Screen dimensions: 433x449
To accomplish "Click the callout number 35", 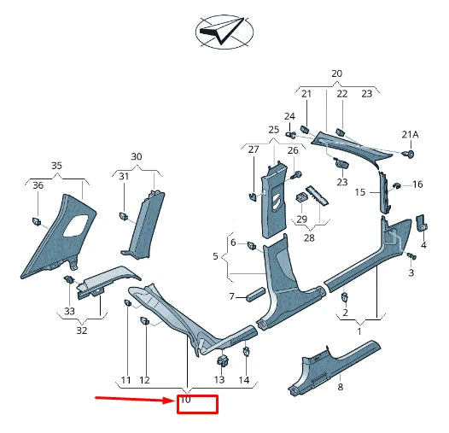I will [x=56, y=165].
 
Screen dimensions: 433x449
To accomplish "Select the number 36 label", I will [x=38, y=185].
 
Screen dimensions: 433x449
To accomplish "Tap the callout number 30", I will [x=137, y=156].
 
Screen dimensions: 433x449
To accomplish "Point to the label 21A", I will [x=411, y=134].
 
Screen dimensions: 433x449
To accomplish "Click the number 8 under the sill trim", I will [x=339, y=387].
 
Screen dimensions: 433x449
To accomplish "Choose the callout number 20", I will [x=336, y=73].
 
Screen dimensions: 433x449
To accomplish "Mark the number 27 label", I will [x=253, y=149].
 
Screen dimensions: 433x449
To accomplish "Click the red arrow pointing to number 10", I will [x=132, y=398].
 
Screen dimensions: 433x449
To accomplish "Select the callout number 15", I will [x=360, y=193].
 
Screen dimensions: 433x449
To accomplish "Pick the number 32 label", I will [x=81, y=329].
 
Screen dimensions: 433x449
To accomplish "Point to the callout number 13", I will [x=219, y=379].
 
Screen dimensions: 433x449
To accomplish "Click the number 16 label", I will [x=418, y=184].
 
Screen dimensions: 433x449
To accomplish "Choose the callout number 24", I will [x=289, y=116].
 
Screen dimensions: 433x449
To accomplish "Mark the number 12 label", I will [x=145, y=379].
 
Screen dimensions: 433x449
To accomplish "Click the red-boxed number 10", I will [x=185, y=400].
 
